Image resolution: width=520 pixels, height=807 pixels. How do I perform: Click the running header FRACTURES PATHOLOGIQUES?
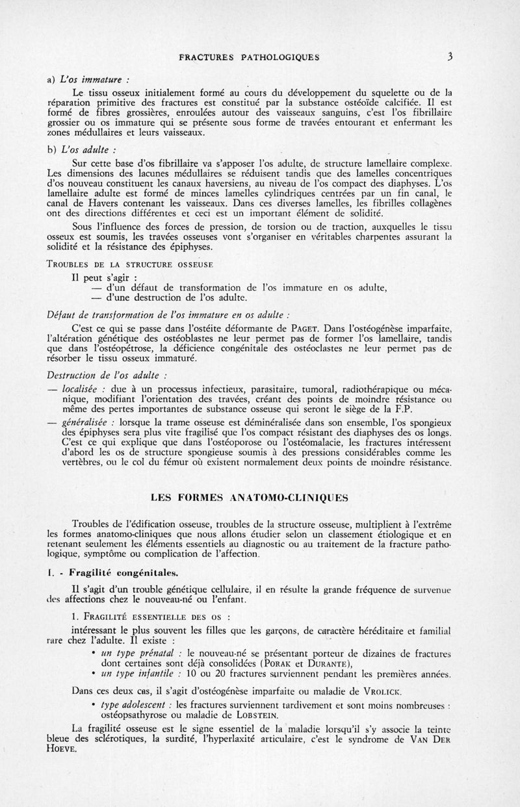point(249,57)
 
